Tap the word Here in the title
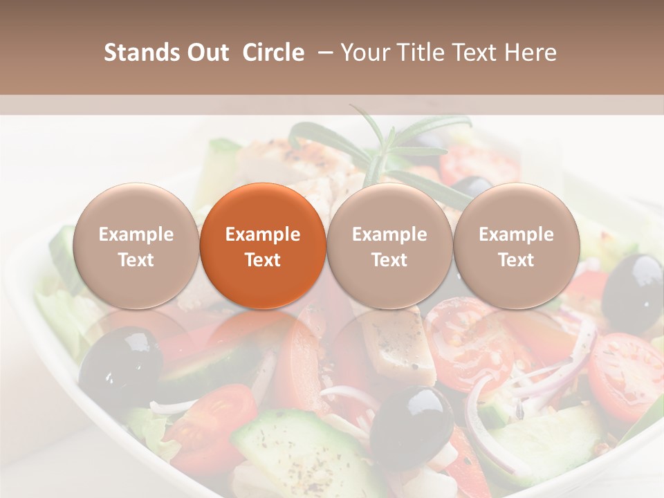pos(531,53)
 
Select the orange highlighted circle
pos(263,246)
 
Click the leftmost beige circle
pos(136,246)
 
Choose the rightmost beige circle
pos(516,246)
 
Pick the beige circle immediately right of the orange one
pos(389,246)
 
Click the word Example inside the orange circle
pos(263,234)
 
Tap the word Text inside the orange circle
pos(263,260)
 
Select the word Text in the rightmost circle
pos(516,260)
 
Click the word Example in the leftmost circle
pos(136,234)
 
